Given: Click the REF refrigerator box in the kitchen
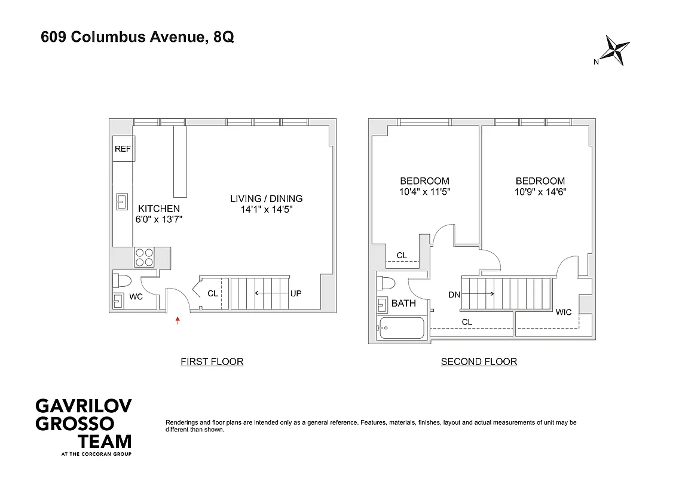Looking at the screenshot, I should click(x=123, y=149).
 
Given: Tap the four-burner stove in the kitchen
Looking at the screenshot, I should click(x=144, y=257).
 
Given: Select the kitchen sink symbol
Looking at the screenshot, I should click(x=122, y=201).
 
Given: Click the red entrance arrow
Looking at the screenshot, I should click(x=178, y=321).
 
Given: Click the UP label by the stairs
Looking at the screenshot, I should click(x=296, y=293).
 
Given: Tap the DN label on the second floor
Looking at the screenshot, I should click(x=454, y=294).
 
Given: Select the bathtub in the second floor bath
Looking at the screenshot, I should click(x=402, y=328).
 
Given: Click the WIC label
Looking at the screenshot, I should click(x=563, y=312).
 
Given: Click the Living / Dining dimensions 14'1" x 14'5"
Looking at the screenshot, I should click(x=267, y=210).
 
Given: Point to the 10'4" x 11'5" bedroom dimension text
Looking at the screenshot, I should click(x=424, y=192).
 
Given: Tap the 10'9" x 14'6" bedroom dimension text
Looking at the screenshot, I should click(x=540, y=192).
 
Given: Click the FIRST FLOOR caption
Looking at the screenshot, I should click(x=212, y=361).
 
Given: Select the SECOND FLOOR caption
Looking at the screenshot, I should click(x=479, y=361).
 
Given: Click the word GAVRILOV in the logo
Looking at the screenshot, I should click(x=83, y=407).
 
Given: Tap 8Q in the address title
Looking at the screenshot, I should click(x=224, y=37).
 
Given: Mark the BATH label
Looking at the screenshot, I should click(x=403, y=304).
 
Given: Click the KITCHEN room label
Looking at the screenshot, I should click(x=159, y=209).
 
